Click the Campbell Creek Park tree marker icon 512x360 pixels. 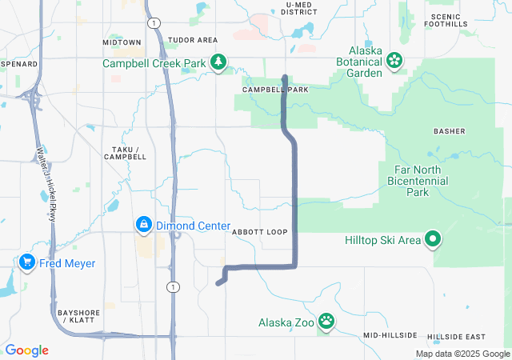coord(217,62)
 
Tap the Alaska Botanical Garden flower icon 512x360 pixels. coord(394,60)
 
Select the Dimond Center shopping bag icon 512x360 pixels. coord(143,226)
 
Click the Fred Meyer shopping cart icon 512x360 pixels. coord(27,262)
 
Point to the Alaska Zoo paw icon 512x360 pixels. coord(326,322)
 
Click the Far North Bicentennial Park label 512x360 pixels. coord(424,181)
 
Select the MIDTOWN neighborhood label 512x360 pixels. coord(122,42)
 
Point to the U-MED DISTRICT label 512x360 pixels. coord(301,9)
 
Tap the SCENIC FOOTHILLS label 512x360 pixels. coord(449,20)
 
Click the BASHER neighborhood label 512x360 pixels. coord(449,130)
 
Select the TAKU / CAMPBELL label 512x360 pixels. coord(125,154)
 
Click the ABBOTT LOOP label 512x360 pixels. coord(259,232)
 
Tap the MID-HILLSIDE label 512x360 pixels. coord(390,334)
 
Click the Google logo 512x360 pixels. coord(26,350)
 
